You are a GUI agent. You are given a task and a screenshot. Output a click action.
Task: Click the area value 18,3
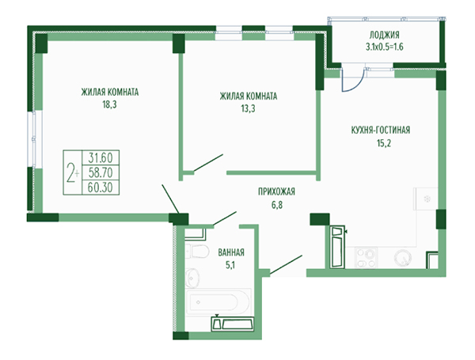(110, 104)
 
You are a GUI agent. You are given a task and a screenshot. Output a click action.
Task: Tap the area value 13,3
(248, 108)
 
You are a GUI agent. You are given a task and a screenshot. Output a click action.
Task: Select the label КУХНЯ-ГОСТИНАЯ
(381, 131)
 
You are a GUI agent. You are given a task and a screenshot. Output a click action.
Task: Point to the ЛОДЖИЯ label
(384, 35)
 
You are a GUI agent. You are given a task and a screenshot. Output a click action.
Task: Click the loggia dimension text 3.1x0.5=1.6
(385, 47)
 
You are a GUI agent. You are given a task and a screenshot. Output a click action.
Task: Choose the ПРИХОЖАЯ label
(276, 191)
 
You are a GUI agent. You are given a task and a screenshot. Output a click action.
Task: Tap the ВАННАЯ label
(231, 252)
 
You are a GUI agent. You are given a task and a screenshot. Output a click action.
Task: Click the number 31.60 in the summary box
(101, 157)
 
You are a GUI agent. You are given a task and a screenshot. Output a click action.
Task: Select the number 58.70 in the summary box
(101, 172)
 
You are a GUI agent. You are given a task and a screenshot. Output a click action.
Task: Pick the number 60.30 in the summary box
(101, 188)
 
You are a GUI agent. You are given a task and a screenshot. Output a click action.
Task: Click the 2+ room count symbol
(73, 172)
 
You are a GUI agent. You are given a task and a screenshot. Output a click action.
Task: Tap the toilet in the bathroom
(197, 251)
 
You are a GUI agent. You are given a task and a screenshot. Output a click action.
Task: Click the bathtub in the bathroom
(218, 302)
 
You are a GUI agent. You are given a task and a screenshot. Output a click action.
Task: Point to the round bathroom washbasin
(192, 276)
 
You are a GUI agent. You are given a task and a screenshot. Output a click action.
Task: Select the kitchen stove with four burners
(366, 258)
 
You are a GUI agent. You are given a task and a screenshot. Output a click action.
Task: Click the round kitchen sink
(403, 258)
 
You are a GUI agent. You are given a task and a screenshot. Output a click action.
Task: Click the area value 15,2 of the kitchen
(384, 143)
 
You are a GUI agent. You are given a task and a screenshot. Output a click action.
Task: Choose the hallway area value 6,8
(277, 205)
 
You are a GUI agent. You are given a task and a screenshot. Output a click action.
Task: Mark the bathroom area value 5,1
(230, 266)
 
